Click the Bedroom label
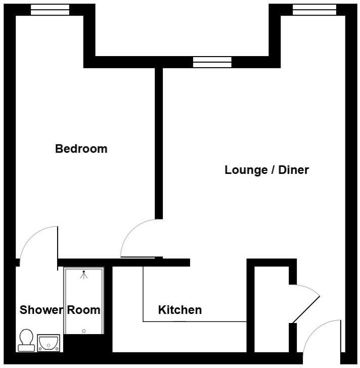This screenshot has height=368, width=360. pyautogui.click(x=81, y=149)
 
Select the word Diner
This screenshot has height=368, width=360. pyautogui.click(x=293, y=170)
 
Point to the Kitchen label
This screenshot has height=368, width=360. pyautogui.click(x=180, y=310)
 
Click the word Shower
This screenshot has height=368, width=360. pyautogui.click(x=40, y=310)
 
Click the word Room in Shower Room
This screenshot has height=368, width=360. pyautogui.click(x=84, y=310)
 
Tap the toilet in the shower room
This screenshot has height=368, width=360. pyautogui.click(x=26, y=340)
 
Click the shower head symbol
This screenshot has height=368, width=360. pyautogui.click(x=84, y=275)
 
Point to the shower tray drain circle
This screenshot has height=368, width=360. pyautogui.click(x=84, y=331)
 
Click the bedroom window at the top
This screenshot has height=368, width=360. pyautogui.click(x=50, y=9)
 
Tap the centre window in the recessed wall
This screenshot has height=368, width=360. pyautogui.click(x=212, y=62)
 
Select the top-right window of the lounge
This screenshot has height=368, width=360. pyautogui.click(x=314, y=9)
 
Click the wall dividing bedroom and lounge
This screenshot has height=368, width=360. pyautogui.click(x=159, y=142)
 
